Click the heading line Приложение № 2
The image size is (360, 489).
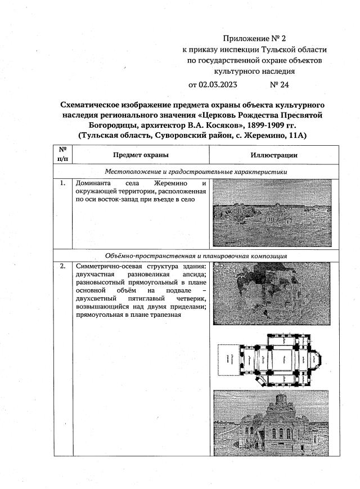(254, 39)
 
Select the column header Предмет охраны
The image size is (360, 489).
(140, 155)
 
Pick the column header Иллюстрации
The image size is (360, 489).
(274, 155)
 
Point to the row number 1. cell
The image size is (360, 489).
(62, 183)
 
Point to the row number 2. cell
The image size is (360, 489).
(62, 266)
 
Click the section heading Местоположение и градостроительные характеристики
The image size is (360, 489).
(196, 172)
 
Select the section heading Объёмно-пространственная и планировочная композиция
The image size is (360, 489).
(196, 255)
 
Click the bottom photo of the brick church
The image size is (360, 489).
(273, 422)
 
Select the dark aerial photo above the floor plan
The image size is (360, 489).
(273, 297)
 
